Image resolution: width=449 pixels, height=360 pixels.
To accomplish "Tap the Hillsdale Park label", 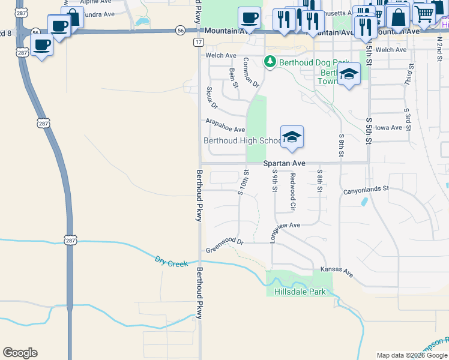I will click(300, 292).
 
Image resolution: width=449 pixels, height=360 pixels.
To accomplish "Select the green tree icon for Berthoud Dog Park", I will click(270, 61).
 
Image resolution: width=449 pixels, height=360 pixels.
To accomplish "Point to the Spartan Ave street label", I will click(285, 163).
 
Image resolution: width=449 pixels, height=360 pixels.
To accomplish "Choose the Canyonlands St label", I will click(366, 190).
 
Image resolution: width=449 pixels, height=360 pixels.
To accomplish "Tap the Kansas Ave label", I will click(337, 271).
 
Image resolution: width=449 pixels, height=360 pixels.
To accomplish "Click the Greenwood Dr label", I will click(224, 246).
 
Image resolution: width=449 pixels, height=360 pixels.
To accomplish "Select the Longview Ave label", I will click(285, 226).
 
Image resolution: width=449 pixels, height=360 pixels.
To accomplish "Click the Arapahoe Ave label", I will click(225, 125).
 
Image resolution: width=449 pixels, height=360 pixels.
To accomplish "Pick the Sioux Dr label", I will click(211, 98).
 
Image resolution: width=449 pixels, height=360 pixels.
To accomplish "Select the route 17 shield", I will click(198, 42).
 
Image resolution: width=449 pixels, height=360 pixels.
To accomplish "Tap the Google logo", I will click(20, 353).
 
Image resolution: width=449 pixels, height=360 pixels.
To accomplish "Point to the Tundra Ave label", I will click(97, 14).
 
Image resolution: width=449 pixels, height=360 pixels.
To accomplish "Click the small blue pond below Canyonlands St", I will click(364, 202).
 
